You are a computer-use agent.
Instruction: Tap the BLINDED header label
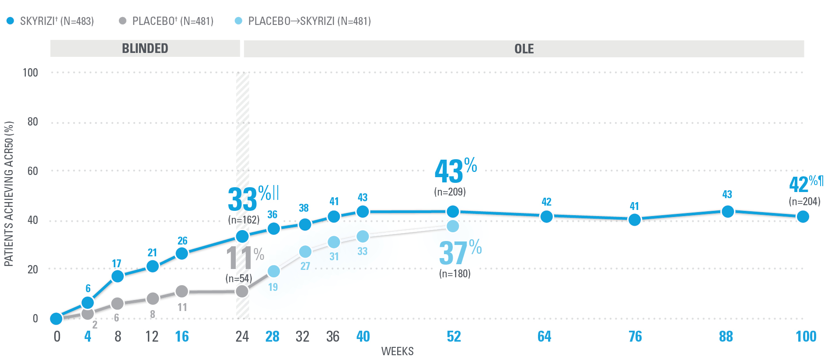pyautogui.click(x=145, y=48)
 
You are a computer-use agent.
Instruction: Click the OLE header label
pyautogui.click(x=524, y=49)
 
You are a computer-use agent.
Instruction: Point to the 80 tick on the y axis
pyautogui.click(x=32, y=122)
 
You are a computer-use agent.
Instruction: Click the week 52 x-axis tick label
pyautogui.click(x=454, y=336)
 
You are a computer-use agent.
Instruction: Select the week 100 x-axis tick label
pyautogui.click(x=806, y=336)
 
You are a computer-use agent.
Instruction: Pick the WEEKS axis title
pyautogui.click(x=397, y=351)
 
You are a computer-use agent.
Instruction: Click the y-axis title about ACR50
pyautogui.click(x=9, y=194)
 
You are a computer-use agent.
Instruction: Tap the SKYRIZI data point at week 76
pyautogui.click(x=634, y=220)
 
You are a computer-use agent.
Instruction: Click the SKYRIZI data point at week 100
pyautogui.click(x=803, y=217)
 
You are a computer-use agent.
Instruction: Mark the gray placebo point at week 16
pyautogui.click(x=182, y=291)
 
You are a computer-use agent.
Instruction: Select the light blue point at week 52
pyautogui.click(x=453, y=226)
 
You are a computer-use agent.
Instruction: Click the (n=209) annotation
pyautogui.click(x=450, y=192)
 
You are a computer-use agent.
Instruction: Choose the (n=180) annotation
pyautogui.click(x=454, y=274)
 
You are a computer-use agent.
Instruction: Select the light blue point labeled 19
pyautogui.click(x=273, y=271)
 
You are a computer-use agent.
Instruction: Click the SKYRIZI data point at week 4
pyautogui.click(x=87, y=303)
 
